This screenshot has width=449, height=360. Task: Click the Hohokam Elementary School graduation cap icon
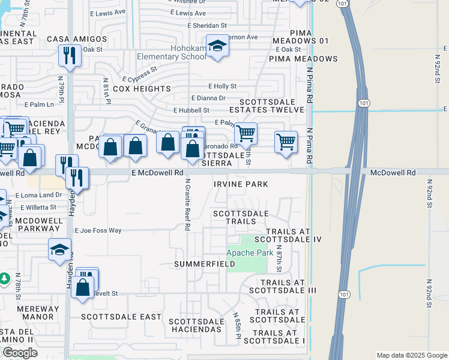(x=217, y=46)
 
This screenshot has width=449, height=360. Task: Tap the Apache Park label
(x=250, y=253)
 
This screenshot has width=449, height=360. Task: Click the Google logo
(x=19, y=353)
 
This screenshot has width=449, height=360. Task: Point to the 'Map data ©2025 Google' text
(x=411, y=355)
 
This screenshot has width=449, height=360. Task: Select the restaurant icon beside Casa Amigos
(x=70, y=56)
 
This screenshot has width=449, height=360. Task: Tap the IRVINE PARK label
(x=240, y=184)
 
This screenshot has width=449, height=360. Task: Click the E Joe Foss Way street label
(x=98, y=230)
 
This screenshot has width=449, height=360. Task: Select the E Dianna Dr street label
(x=208, y=98)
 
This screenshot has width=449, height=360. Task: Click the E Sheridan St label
(x=207, y=26)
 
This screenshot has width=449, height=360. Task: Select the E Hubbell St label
(x=191, y=110)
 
